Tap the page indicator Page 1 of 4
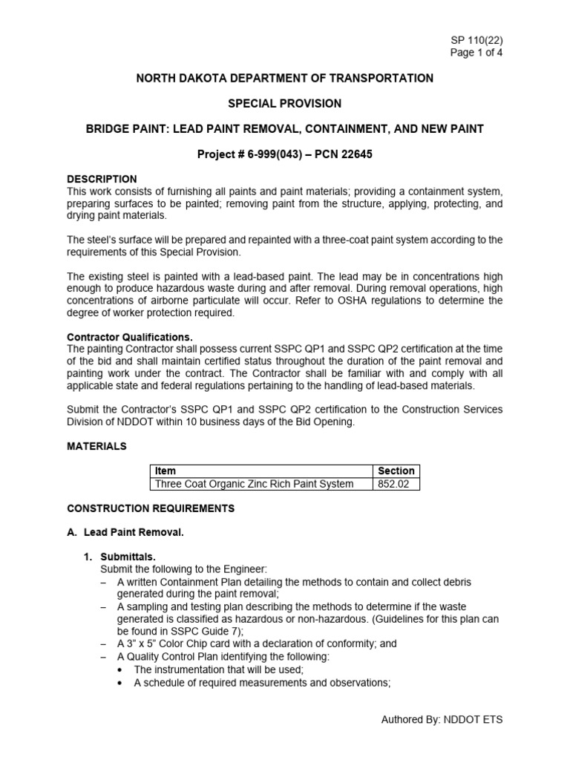476,52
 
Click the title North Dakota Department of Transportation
285,78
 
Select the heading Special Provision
285,103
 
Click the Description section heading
102,179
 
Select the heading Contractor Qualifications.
130,336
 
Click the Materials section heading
96,446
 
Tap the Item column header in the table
165,471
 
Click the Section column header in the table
396,471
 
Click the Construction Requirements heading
151,508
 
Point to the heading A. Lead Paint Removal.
126,532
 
